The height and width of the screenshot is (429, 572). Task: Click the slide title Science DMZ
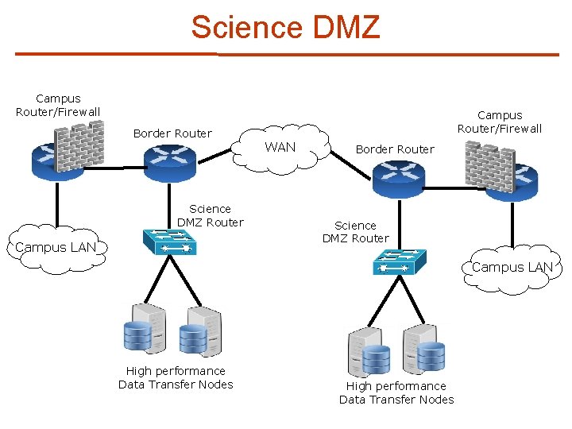285,27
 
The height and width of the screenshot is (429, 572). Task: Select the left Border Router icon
169,164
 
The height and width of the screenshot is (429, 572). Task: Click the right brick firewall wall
489,164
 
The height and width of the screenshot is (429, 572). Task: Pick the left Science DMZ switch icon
169,241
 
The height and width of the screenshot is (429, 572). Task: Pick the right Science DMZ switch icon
399,261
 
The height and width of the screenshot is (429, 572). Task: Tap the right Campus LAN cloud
512,269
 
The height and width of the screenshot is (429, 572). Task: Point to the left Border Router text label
172,133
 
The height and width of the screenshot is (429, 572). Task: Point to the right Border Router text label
395,149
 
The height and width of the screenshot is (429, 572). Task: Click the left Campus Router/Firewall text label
58,106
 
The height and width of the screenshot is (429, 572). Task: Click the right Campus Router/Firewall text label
500,122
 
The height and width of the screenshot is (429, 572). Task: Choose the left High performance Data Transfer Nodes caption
176,378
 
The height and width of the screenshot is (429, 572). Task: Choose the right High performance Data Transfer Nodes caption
396,393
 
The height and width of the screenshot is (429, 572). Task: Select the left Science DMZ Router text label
210,215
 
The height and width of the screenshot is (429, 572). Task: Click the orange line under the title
286,55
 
